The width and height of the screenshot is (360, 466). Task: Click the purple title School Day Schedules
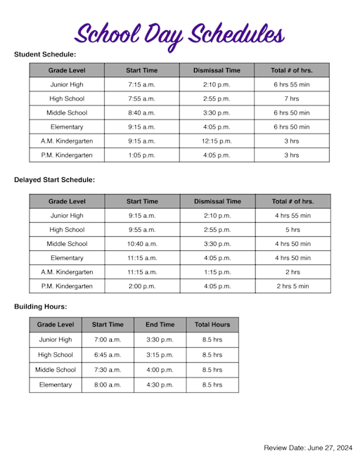click(180, 33)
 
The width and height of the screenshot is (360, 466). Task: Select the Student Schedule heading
click(45, 54)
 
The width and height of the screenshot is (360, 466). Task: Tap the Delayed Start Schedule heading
click(54, 180)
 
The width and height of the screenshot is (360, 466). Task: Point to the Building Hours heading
click(41, 307)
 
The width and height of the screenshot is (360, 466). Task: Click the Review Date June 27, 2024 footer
click(307, 448)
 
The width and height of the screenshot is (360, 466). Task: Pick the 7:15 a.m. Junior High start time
click(141, 84)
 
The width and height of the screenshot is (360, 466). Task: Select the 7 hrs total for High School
click(291, 98)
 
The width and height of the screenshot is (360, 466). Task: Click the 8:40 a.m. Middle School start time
click(141, 112)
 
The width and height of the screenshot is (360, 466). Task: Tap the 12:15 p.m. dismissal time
click(217, 141)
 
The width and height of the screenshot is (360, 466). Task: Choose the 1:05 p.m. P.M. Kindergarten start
click(141, 155)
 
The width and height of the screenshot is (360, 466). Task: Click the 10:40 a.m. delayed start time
click(142, 243)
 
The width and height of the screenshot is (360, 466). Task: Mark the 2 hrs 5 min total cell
click(292, 286)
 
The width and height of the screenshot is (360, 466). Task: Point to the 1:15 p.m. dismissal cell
click(217, 272)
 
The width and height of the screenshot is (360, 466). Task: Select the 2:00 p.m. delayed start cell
click(142, 286)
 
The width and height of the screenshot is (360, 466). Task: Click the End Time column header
click(160, 325)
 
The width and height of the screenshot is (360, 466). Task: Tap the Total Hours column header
click(212, 325)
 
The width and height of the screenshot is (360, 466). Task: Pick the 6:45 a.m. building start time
click(108, 355)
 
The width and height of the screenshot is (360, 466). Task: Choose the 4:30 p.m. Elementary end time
click(160, 385)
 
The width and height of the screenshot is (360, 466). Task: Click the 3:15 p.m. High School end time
click(160, 355)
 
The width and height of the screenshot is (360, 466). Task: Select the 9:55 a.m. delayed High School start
click(142, 229)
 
